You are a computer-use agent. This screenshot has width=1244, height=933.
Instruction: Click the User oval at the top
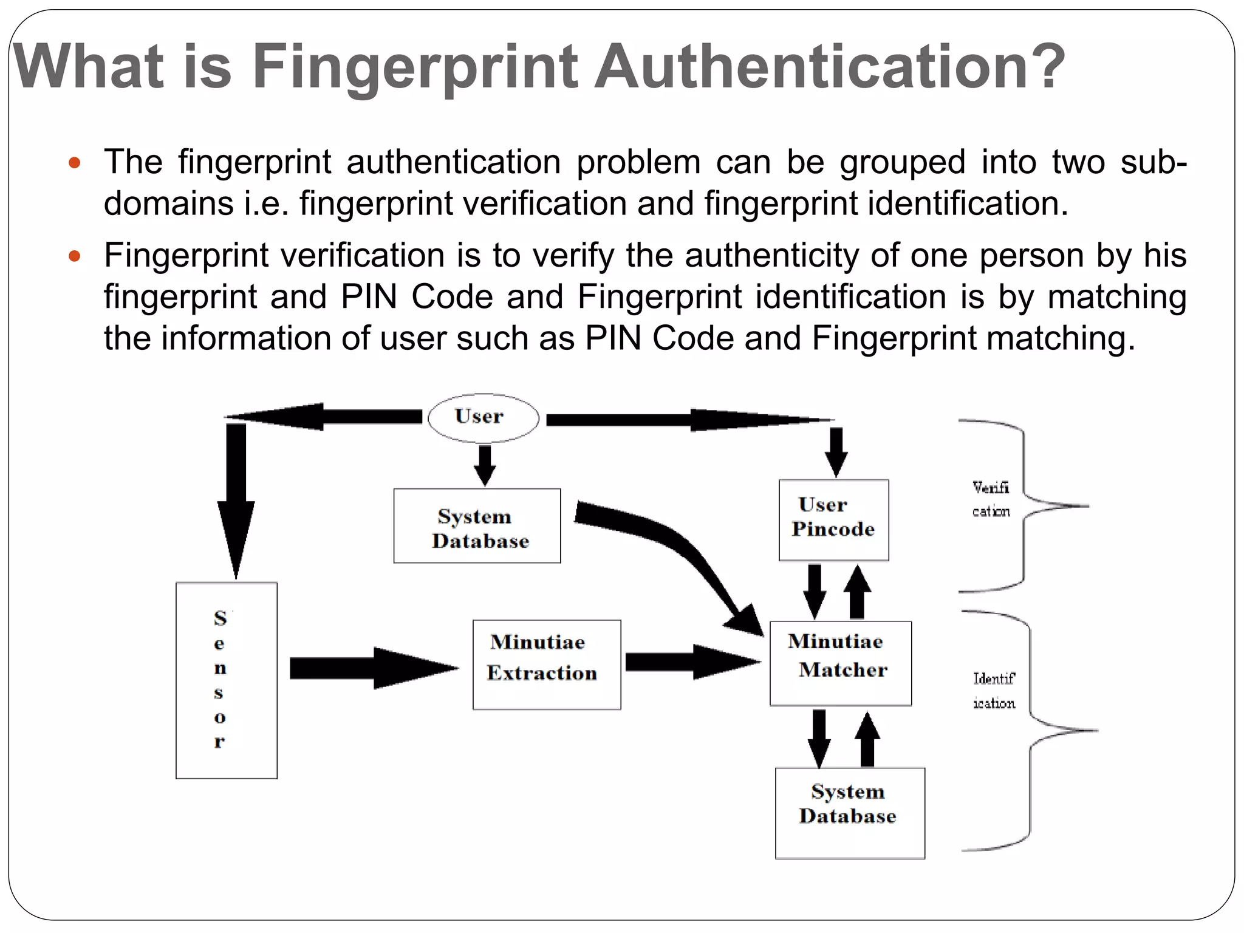pos(483,418)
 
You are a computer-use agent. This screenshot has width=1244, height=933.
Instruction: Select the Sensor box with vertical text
pos(227,680)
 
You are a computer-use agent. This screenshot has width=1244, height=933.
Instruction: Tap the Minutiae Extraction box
pos(547,665)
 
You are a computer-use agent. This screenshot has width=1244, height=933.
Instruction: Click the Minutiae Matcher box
pos(841,663)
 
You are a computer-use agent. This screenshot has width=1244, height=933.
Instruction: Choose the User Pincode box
pos(833,520)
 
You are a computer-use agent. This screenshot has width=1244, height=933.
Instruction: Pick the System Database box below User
pos(477,526)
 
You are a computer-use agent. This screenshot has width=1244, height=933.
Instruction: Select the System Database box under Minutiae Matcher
pos(850,813)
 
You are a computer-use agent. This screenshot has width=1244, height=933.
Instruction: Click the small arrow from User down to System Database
pos(485,465)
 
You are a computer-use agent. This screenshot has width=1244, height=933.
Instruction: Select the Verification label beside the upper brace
pos(991,499)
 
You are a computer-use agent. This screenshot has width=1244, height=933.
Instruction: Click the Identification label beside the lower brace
pos(994,691)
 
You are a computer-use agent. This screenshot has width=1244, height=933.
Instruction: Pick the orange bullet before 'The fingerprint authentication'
pos(75,163)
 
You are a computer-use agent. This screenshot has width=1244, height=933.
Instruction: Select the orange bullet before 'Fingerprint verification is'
pos(75,256)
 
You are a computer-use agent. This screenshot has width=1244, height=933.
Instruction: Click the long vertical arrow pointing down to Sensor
pos(236,498)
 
